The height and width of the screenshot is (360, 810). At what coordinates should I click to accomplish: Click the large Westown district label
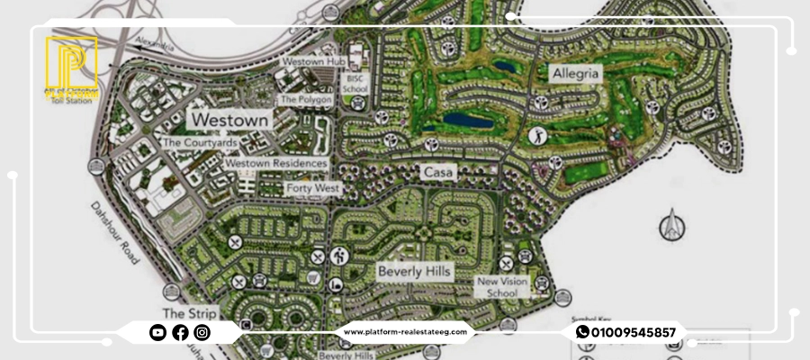(x=229, y=120)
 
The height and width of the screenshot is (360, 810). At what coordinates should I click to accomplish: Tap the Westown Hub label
(x=314, y=61)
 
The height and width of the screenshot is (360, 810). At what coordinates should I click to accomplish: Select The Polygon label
(x=305, y=99)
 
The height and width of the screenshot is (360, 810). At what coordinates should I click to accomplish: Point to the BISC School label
(x=355, y=84)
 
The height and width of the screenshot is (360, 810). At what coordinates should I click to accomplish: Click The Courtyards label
(x=199, y=142)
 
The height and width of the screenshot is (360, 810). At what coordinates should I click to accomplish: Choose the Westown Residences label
(x=275, y=163)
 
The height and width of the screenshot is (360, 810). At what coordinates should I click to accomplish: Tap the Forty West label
(x=312, y=188)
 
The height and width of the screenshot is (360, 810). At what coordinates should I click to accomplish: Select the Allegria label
(x=576, y=73)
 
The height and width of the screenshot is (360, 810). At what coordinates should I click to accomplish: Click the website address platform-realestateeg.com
(x=405, y=332)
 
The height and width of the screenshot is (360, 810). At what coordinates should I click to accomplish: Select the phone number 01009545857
(x=634, y=332)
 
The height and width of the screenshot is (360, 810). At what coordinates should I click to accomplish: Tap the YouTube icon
(x=157, y=333)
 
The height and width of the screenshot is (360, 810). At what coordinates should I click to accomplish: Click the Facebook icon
(x=180, y=333)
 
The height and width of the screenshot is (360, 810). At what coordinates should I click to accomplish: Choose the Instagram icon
(x=202, y=333)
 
